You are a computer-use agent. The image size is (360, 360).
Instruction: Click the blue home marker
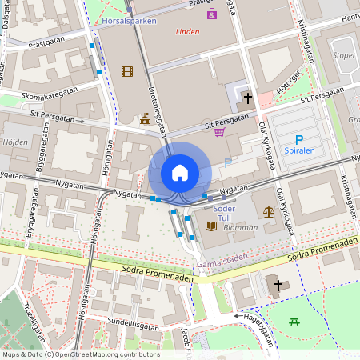click(x=180, y=172)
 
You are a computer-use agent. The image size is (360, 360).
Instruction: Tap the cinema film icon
click(x=126, y=72)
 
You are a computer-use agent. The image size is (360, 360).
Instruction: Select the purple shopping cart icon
click(x=218, y=132)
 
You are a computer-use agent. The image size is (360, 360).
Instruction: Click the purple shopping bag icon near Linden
click(x=211, y=14)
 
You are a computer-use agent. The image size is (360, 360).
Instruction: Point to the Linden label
click(x=188, y=32)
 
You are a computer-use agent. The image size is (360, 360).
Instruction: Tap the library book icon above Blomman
click(x=211, y=226)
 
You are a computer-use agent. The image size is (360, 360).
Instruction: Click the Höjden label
click(x=16, y=142)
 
